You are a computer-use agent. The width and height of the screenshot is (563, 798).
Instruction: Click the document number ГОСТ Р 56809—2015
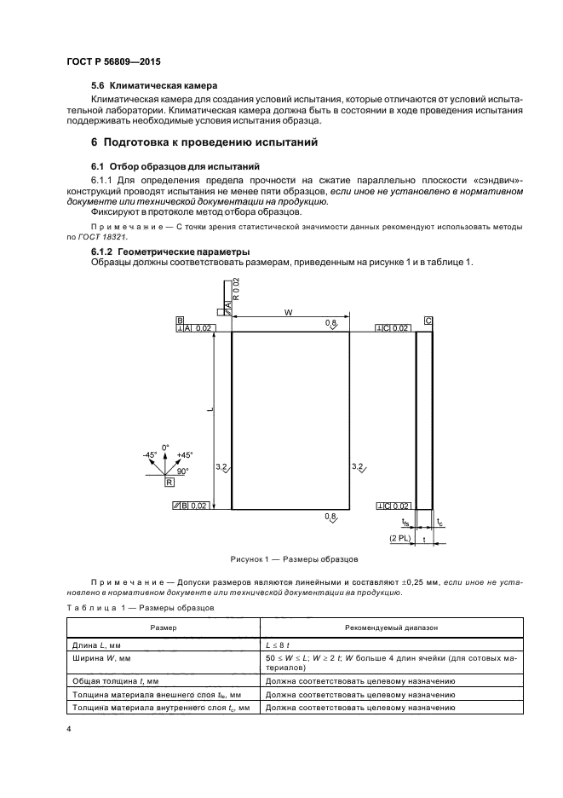pyautogui.click(x=112, y=63)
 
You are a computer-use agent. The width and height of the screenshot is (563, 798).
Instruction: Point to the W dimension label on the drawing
pyautogui.click(x=290, y=314)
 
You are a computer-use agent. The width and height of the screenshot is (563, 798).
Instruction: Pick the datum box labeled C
pyautogui.click(x=428, y=320)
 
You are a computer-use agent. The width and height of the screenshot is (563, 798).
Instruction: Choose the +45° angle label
pyautogui.click(x=184, y=455)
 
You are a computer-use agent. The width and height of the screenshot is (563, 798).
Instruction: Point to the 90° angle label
pyautogui.click(x=182, y=470)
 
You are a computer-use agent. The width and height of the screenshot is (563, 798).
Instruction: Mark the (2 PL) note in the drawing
pyautogui.click(x=399, y=540)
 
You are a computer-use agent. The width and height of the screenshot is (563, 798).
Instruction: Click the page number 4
pyautogui.click(x=69, y=730)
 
